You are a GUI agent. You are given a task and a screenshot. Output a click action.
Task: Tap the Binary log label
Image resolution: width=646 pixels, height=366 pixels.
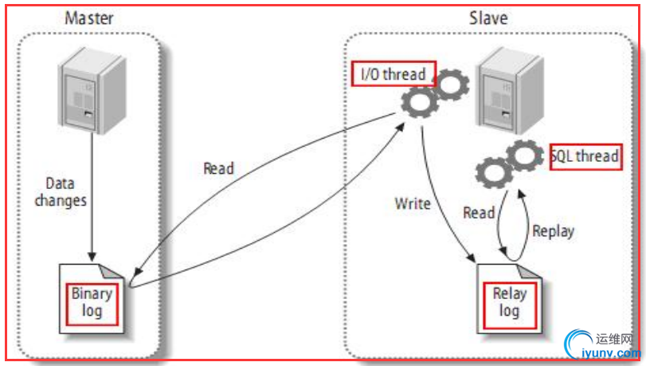point(92,301)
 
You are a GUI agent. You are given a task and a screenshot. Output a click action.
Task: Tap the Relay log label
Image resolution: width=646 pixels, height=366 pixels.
point(510,302)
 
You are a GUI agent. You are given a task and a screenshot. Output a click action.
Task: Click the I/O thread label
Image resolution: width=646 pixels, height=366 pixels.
point(393,75)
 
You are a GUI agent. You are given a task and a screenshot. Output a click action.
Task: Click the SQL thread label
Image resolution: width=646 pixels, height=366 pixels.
point(585,155)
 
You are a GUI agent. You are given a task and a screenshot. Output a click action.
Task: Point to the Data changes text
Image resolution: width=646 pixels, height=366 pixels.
point(61,192)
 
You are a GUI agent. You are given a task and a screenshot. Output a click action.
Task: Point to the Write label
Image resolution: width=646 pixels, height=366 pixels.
point(413,203)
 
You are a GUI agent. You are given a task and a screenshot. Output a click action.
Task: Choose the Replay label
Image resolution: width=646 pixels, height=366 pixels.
point(553,232)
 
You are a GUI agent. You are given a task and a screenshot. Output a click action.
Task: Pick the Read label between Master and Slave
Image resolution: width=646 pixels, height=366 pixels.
point(218,168)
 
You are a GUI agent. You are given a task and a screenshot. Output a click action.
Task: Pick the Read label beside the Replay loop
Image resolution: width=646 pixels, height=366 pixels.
point(479,213)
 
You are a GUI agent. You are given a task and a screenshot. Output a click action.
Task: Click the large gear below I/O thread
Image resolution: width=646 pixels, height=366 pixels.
point(420,103)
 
